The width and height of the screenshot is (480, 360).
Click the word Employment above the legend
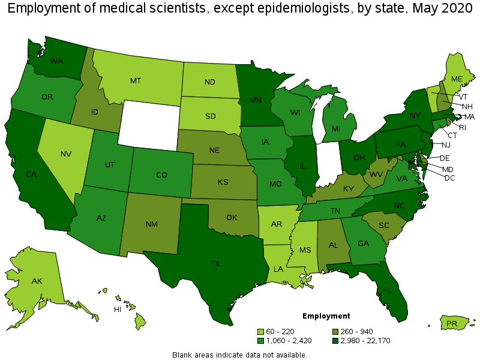[326, 316]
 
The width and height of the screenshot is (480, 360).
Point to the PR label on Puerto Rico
[452, 324]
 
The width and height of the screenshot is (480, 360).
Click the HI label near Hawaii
[118, 310]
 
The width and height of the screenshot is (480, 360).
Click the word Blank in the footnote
[182, 355]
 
